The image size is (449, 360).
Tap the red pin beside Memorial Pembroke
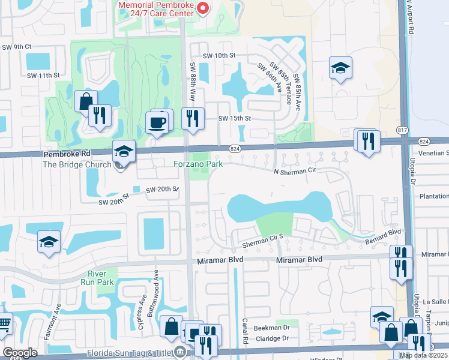tap(202, 8)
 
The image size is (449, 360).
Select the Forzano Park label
tap(198, 163)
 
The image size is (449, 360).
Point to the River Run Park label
tap(97, 277)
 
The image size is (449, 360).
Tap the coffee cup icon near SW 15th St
tap(158, 122)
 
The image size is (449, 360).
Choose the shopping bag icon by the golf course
tap(86, 101)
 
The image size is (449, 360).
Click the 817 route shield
tap(402, 130)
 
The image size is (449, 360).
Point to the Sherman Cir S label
tap(262, 244)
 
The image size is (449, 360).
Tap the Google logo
tap(20, 352)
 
